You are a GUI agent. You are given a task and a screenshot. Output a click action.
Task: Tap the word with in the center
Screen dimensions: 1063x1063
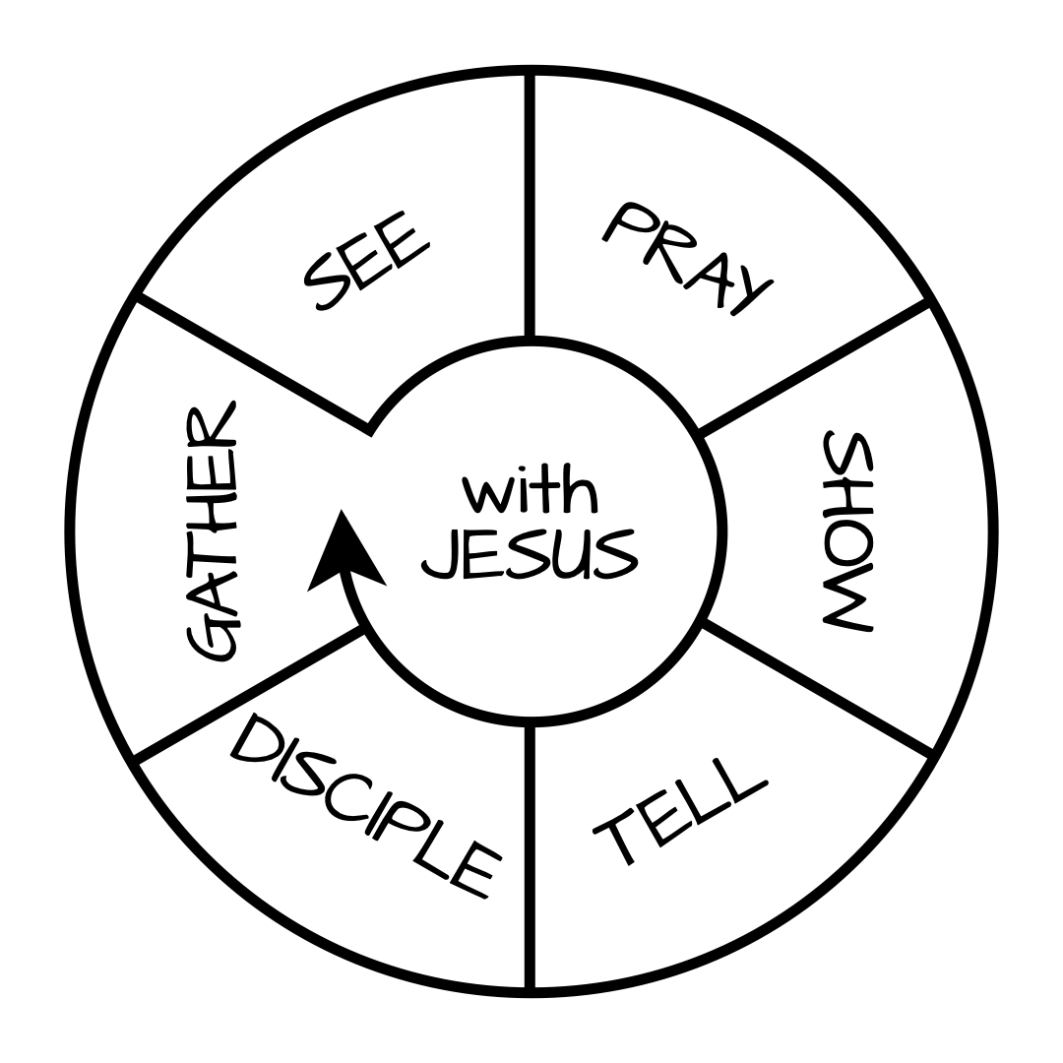click(530, 489)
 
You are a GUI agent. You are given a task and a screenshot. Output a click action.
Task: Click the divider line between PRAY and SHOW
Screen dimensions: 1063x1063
click(813, 366)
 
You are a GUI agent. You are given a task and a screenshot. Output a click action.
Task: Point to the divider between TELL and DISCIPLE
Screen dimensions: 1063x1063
click(530, 856)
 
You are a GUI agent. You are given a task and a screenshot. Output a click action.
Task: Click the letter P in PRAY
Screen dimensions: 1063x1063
click(626, 222)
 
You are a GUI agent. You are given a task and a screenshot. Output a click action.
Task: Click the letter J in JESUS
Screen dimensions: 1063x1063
click(442, 556)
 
